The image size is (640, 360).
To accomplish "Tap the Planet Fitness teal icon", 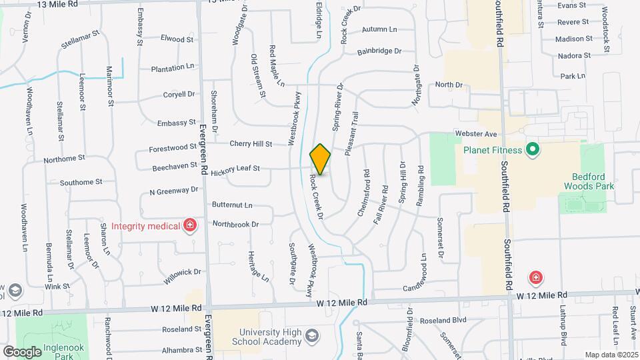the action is coord(532,149).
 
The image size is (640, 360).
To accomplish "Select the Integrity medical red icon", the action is coord(191,226).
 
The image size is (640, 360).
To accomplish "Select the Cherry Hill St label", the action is coord(251,143).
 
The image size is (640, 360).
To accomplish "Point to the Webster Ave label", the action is coord(477,134).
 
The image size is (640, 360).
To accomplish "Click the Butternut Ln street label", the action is coord(232,205).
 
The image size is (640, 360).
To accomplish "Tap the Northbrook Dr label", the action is coord(235,225).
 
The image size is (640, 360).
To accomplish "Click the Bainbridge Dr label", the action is coord(379,51).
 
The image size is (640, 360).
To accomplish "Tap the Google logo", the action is coord(22,351).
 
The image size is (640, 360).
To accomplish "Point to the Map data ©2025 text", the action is coord(611,355).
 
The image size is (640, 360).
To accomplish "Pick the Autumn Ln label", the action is coord(379,29).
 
